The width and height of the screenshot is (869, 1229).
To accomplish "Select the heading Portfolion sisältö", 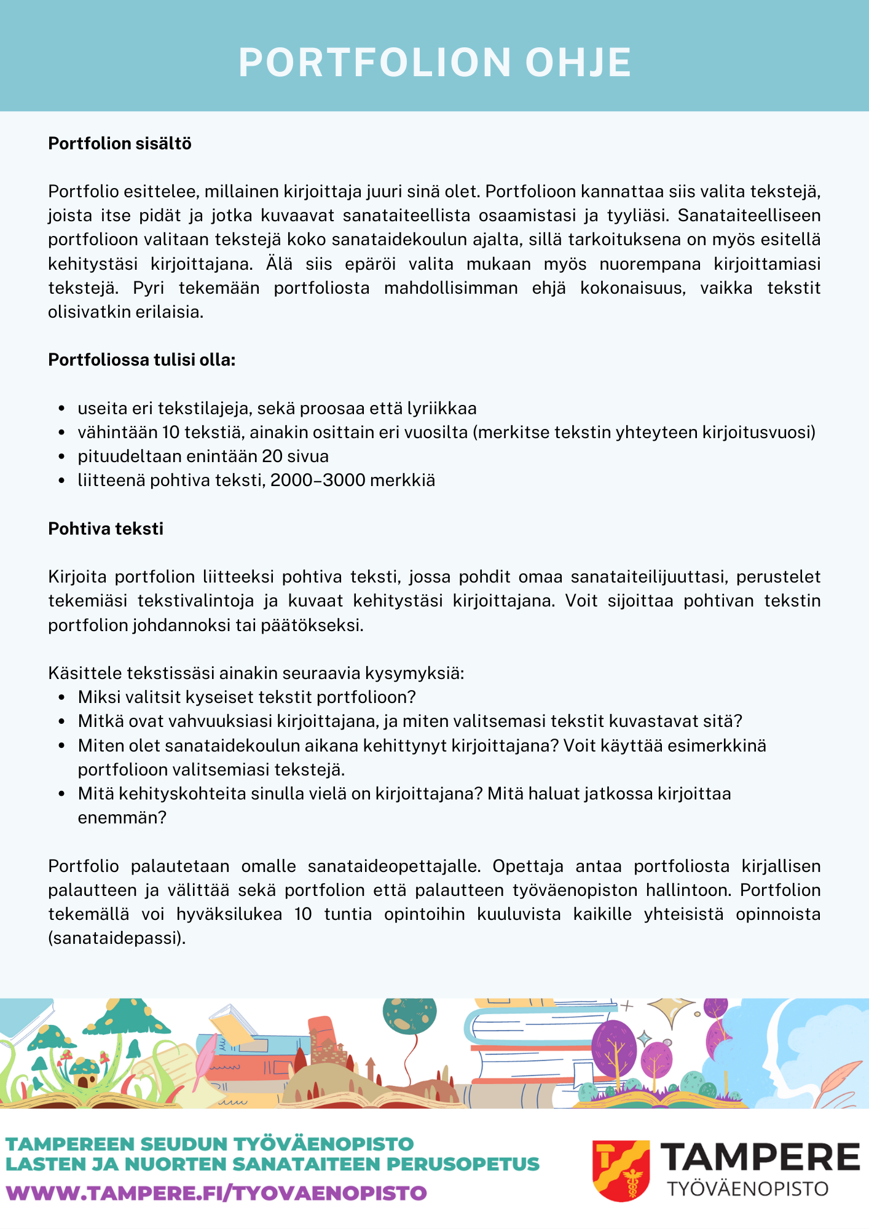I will coord(120,144).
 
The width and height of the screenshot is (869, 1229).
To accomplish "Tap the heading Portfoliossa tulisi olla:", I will coord(142,360).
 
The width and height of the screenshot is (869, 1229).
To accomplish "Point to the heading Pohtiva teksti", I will coord(106,529).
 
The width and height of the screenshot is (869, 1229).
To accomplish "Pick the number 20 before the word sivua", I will coord(272,457).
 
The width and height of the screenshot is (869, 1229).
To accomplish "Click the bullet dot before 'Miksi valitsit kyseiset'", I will coord(61,698).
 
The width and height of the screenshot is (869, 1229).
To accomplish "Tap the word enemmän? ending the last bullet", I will coord(122,818).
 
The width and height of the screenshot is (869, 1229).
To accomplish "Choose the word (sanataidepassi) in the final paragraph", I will coord(116,938).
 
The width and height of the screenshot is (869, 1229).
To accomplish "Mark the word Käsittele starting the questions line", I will coord(85,673).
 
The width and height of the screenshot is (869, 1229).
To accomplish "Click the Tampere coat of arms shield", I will coord(621,1170).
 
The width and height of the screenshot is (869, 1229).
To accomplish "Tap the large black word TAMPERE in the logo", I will coord(762,1158).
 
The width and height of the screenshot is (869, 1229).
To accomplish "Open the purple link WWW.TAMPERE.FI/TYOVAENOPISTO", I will coord(216,1193).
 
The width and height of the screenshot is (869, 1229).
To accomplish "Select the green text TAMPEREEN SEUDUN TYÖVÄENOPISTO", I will coord(210,1144).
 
